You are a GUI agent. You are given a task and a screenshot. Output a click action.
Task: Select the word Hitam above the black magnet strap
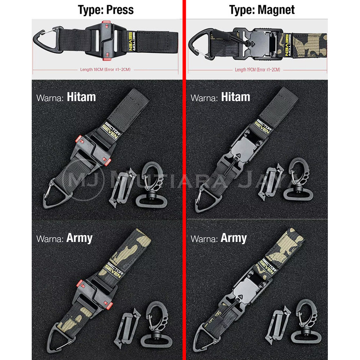coord(236,97)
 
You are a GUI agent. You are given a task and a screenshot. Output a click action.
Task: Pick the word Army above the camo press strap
coord(79,238)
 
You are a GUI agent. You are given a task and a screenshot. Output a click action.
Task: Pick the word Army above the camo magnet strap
coord(234,238)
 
